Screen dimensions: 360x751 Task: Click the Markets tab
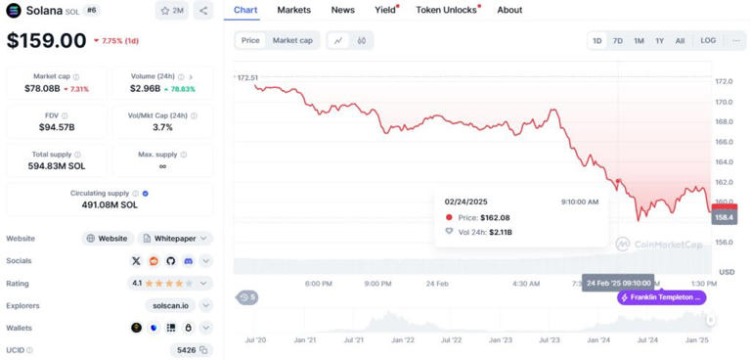(x=294, y=10)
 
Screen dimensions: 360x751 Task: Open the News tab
(x=342, y=10)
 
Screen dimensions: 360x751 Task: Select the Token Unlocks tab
(x=446, y=10)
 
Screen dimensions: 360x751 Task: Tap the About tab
(x=509, y=10)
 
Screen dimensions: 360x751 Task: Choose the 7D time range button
(x=617, y=41)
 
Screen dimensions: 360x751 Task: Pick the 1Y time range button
(x=660, y=41)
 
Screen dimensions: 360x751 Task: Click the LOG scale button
(x=708, y=41)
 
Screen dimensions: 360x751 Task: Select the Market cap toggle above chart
(x=292, y=41)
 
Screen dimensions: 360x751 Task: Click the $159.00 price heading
(x=46, y=41)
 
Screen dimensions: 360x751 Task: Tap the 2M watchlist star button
(x=172, y=11)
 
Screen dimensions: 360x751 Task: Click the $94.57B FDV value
(x=57, y=127)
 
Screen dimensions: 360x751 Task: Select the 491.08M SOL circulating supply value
(x=110, y=204)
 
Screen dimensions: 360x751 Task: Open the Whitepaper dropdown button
(x=176, y=238)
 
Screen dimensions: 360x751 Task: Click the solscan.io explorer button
(x=177, y=305)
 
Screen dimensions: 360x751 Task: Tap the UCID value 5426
(x=186, y=349)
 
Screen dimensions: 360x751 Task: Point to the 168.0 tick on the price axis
(x=725, y=121)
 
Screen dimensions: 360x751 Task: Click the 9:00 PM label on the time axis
(x=377, y=284)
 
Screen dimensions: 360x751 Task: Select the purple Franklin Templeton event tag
(x=662, y=296)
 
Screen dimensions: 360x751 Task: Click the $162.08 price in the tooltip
(x=495, y=217)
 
